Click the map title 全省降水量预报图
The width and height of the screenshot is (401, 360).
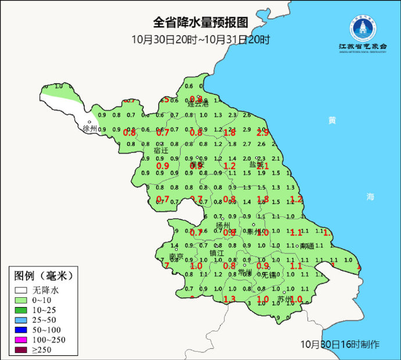(x=201, y=23)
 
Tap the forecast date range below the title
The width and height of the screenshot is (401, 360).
(x=201, y=40)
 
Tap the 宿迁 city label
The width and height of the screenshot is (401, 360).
(x=161, y=150)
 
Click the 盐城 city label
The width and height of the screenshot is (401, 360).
(x=256, y=165)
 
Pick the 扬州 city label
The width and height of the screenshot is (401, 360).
(x=223, y=226)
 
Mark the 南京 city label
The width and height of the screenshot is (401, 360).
(x=176, y=256)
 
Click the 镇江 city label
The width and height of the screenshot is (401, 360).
(x=217, y=253)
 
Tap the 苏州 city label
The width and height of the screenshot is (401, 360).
(x=285, y=300)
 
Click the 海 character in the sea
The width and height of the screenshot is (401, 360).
(x=370, y=197)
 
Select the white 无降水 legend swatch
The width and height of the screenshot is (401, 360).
(x=21, y=290)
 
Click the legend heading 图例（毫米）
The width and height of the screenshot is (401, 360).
(x=44, y=275)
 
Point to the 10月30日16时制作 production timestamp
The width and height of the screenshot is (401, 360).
(x=340, y=344)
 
